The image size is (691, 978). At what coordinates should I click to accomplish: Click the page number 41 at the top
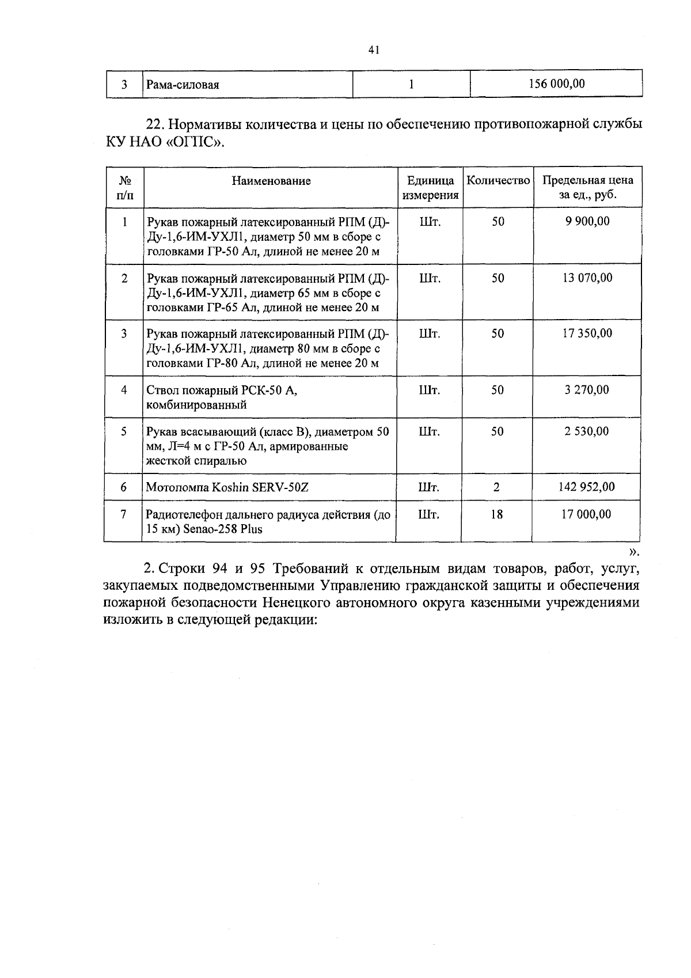(373, 50)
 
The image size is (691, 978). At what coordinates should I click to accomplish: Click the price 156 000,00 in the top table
(556, 84)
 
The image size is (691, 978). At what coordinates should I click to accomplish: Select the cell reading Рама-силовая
(183, 85)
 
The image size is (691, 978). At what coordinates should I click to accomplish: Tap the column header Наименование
(271, 181)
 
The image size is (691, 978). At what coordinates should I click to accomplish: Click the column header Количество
(498, 181)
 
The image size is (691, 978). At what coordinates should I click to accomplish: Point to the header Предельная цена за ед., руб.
(587, 188)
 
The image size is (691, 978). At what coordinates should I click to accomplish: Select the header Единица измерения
(431, 188)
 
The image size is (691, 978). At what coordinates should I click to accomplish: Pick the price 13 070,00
(587, 278)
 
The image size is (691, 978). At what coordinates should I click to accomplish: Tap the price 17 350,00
(587, 333)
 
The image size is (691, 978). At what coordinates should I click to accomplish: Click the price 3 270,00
(587, 390)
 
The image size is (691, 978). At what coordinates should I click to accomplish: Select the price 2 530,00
(587, 431)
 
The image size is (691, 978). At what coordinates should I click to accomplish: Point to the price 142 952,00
(587, 487)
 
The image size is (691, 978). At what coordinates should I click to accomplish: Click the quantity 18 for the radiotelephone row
(496, 514)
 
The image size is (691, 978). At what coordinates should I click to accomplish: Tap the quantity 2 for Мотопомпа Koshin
(496, 487)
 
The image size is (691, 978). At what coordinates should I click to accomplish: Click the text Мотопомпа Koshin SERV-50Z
(227, 488)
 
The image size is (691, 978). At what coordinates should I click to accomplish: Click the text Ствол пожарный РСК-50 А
(222, 391)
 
